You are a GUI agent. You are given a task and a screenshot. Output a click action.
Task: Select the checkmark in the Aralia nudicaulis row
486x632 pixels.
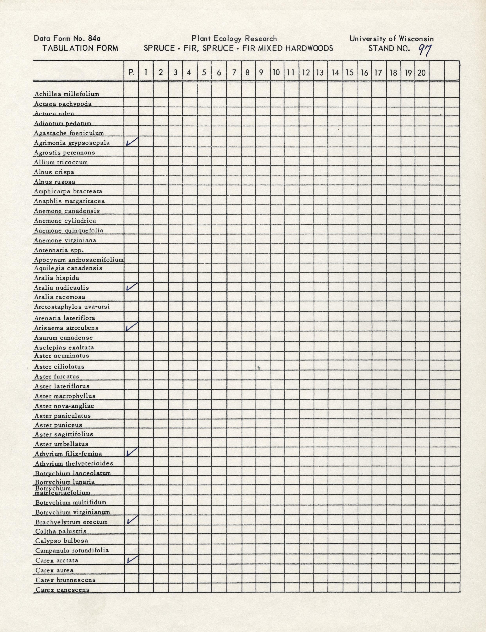132,287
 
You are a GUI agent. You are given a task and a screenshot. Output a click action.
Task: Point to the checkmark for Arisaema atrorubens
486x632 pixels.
132,327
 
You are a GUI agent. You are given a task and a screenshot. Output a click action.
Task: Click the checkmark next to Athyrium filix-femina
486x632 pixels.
132,452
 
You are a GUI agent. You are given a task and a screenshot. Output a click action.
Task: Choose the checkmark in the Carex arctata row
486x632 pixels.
132,560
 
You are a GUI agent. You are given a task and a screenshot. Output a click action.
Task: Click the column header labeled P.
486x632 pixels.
131,72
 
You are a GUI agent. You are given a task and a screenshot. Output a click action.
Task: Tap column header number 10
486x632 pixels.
276,72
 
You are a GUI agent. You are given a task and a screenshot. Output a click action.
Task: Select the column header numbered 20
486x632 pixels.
421,72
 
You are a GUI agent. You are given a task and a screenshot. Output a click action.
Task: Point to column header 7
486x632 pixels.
234,72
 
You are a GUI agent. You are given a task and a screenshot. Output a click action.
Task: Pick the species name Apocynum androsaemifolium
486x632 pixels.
79,260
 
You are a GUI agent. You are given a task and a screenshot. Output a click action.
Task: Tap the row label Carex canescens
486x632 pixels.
63,590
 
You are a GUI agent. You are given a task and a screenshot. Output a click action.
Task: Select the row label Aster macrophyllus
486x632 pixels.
65,396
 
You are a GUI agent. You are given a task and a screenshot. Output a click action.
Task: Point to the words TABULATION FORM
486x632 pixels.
80,48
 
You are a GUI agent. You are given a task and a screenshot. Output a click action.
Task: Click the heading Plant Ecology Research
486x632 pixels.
234,38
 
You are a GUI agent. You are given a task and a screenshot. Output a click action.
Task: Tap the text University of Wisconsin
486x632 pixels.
391,38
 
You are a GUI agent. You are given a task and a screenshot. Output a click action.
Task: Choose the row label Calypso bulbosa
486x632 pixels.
62,540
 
